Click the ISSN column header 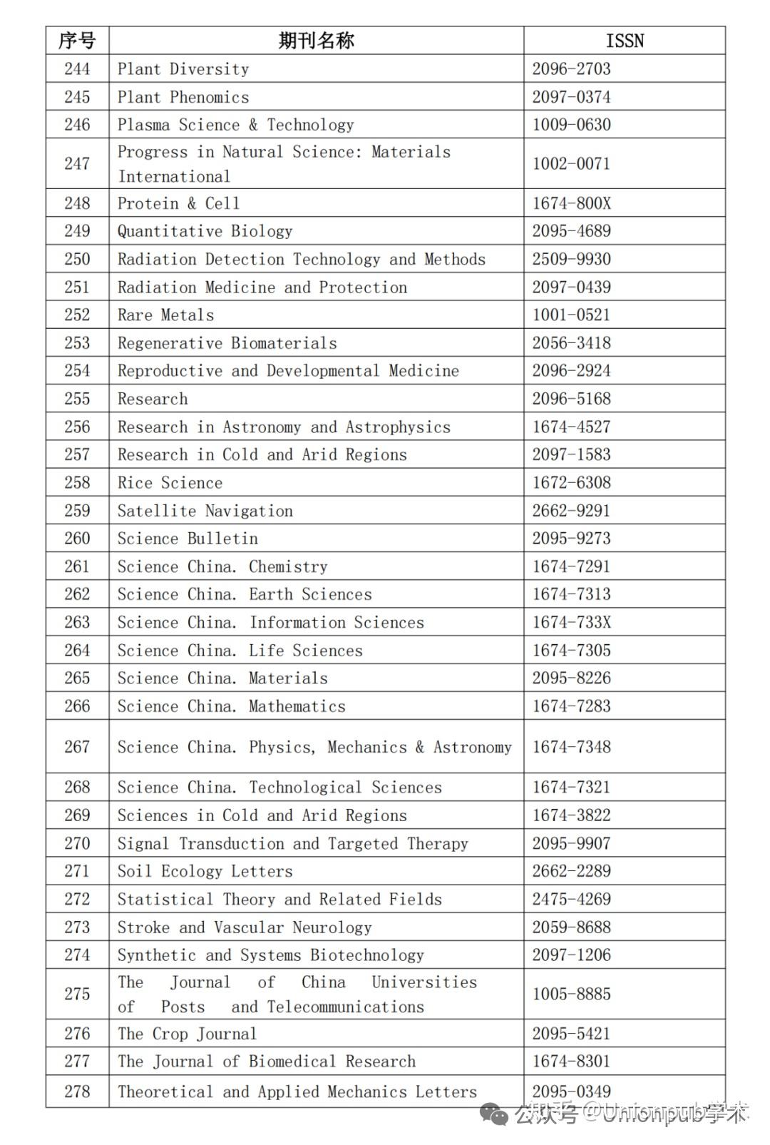(625, 41)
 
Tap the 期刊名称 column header (316, 41)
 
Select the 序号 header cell (77, 41)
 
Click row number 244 (77, 69)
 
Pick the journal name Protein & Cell (178, 203)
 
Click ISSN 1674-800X (571, 203)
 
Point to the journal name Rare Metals (165, 315)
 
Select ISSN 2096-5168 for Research (571, 399)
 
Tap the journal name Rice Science (170, 483)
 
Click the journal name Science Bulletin (188, 539)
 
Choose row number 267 (77, 747)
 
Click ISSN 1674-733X (571, 622)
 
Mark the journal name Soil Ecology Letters (205, 871)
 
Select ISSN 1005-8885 (571, 994)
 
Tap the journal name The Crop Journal (187, 1034)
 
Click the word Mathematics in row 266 (297, 706)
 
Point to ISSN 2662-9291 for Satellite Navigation (571, 511)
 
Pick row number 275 (77, 994)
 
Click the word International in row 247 (174, 176)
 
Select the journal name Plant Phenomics (183, 97)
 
